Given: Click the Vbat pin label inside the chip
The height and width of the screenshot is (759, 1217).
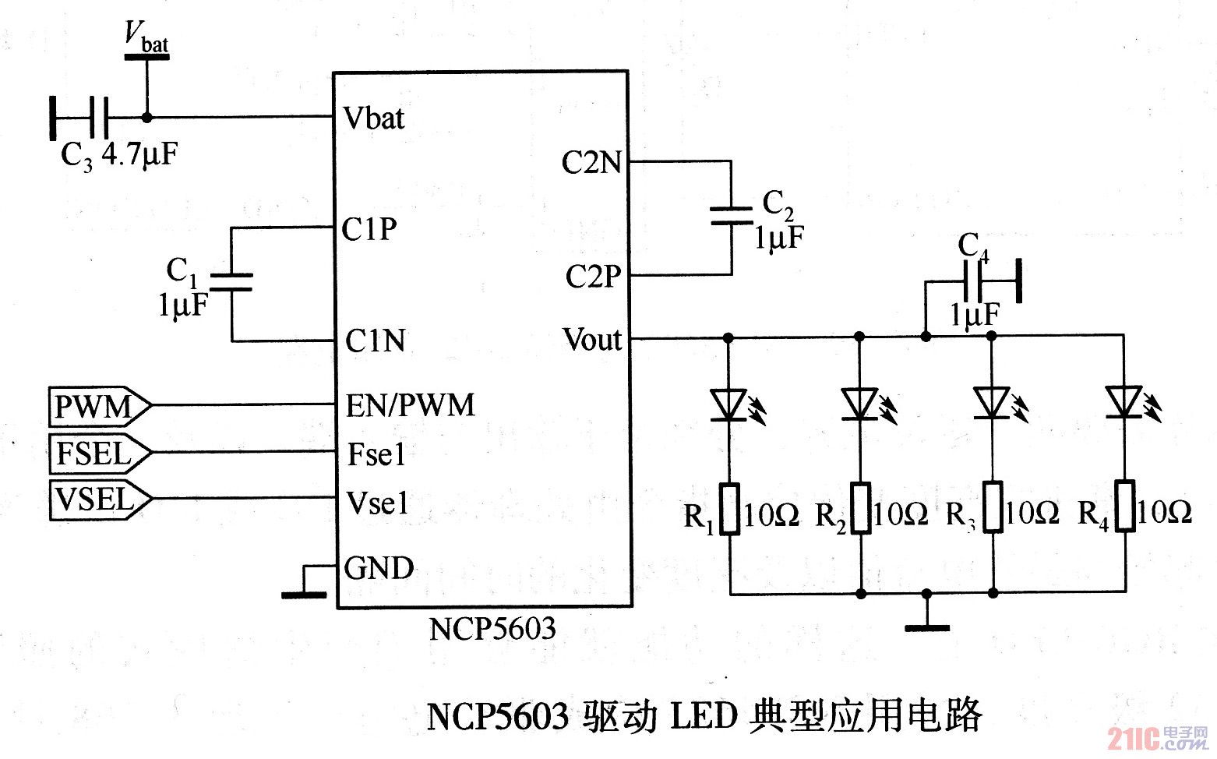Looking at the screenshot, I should (375, 118).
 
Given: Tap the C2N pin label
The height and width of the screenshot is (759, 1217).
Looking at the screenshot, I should (592, 163).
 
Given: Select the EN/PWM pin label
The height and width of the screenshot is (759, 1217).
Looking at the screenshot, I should (411, 405).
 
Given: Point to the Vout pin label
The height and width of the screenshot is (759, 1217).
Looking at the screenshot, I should (593, 340).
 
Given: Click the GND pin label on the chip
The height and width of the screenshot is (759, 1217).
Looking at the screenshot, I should (379, 567).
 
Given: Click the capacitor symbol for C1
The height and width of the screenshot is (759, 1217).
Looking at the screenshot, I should (231, 282).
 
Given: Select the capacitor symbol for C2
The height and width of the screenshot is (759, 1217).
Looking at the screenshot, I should (731, 216).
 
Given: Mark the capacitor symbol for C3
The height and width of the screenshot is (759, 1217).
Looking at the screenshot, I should (98, 118).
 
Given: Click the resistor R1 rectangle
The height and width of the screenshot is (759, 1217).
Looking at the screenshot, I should (729, 508).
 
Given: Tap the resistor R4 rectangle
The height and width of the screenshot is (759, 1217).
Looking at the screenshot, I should (1124, 507).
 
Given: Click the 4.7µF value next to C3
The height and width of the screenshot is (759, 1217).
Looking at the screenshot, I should (140, 155).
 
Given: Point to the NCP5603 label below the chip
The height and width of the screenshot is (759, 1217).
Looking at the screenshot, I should (492, 628).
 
